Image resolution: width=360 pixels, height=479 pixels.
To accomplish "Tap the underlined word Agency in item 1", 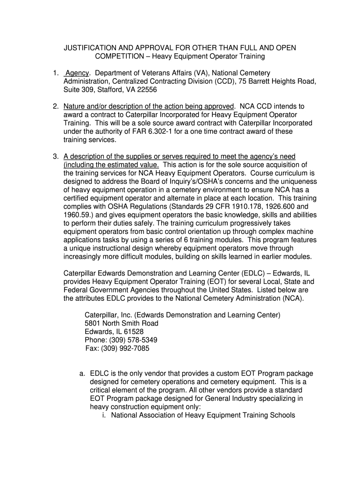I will tap(77, 73).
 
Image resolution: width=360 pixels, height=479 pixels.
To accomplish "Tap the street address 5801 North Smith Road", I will tap(122, 323).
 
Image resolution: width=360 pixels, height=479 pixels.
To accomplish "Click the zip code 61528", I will tap(133, 332).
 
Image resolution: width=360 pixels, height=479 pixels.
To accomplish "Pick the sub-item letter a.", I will tap(82, 373).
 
